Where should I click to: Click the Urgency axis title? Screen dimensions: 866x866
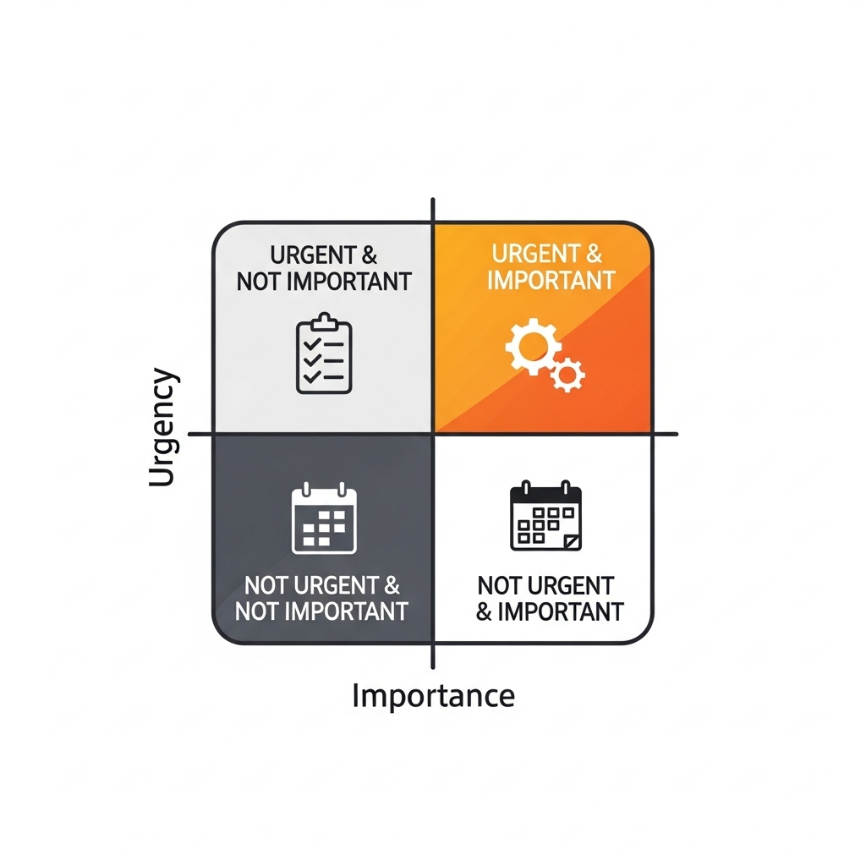click(163, 428)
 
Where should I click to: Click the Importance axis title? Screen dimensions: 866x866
click(433, 696)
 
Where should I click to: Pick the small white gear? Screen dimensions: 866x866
click(567, 372)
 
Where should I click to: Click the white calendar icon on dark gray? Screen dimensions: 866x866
click(325, 518)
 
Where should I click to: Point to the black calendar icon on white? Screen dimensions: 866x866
click(546, 517)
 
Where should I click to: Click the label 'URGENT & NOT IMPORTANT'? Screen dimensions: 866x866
click(324, 268)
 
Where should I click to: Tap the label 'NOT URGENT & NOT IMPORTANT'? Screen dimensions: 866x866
click(322, 598)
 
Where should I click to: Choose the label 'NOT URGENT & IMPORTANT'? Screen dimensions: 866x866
click(550, 598)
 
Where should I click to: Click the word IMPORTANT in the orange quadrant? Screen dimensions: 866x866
click(551, 280)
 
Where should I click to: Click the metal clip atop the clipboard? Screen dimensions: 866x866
click(324, 321)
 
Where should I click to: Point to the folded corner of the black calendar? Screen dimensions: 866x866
click(573, 540)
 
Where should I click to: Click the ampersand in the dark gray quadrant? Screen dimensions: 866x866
click(390, 585)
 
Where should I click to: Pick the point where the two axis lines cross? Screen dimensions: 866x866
click(433, 434)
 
